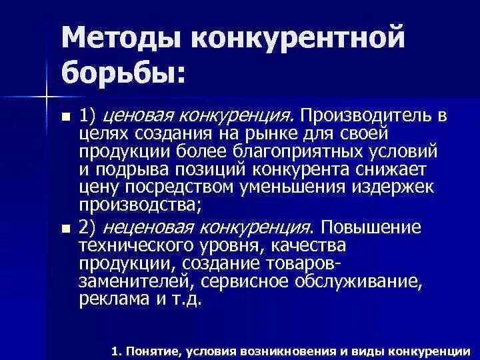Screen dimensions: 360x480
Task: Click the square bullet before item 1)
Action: tap(64, 117)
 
